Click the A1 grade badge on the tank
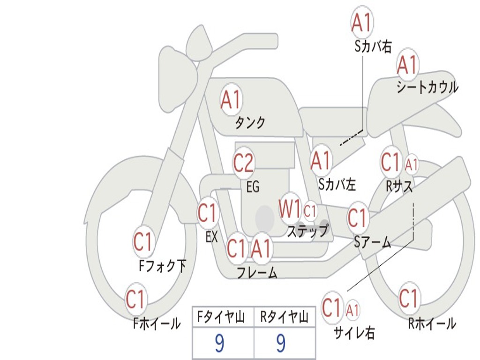231,99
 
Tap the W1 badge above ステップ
290,209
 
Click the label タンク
250,123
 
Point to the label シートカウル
427,88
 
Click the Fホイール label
157,323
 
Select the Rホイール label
432,323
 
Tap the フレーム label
257,273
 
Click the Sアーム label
373,242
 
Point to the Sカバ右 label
373,47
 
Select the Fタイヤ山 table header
223,318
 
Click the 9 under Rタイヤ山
281,343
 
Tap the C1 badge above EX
208,213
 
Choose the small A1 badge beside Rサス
411,165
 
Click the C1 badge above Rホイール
409,298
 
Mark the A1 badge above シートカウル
407,65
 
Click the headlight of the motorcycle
177,81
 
